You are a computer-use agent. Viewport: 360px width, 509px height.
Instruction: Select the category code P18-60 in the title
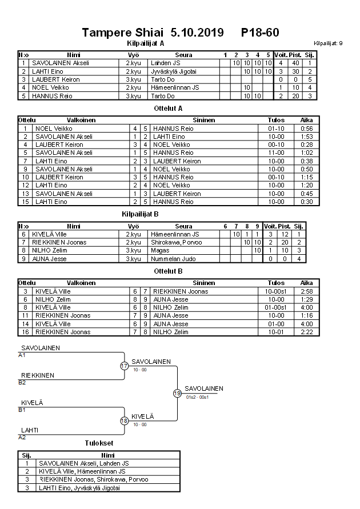click(260, 33)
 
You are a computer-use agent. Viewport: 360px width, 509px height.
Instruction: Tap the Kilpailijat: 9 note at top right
click(329, 43)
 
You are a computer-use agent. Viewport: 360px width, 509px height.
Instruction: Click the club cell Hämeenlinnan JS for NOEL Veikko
click(174, 87)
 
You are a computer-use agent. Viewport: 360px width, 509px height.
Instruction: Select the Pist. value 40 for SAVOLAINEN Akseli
click(295, 63)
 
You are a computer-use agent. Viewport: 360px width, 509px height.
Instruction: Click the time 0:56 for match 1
click(306, 129)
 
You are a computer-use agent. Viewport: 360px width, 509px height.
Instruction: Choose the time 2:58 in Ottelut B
click(306, 291)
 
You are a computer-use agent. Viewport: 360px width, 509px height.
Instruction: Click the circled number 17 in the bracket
click(124, 366)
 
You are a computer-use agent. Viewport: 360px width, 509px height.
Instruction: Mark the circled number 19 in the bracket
click(177, 393)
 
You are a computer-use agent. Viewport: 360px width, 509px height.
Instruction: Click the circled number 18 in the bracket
click(124, 421)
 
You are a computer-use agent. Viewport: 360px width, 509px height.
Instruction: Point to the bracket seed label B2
click(22, 382)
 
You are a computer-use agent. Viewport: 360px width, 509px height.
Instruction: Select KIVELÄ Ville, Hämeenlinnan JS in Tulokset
click(83, 471)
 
